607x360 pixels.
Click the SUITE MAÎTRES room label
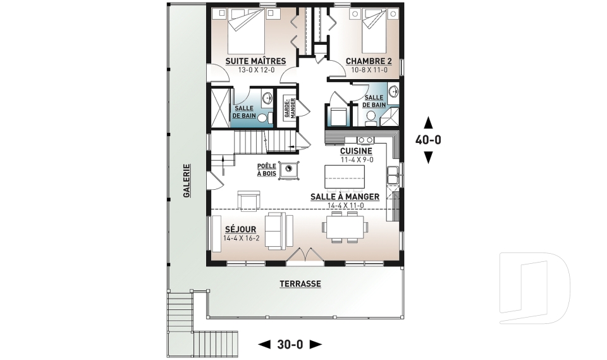(x=255, y=61)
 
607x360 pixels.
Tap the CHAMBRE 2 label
(x=369, y=61)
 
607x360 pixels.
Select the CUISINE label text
(x=356, y=151)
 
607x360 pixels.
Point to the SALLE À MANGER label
(x=345, y=197)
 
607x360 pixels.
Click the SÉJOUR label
(x=241, y=230)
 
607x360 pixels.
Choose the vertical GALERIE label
(x=187, y=181)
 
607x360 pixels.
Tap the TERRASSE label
(x=300, y=283)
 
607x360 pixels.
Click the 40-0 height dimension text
(x=428, y=140)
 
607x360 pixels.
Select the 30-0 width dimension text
(x=290, y=344)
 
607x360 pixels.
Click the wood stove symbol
(x=289, y=170)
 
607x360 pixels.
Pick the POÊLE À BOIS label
(x=267, y=170)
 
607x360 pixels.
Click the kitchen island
(x=345, y=177)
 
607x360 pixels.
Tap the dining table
(x=345, y=227)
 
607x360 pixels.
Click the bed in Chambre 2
(x=374, y=31)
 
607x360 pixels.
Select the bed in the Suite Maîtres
(x=246, y=32)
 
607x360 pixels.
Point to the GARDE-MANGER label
(x=290, y=108)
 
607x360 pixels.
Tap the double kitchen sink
(x=393, y=175)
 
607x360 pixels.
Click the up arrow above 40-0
(x=428, y=123)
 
